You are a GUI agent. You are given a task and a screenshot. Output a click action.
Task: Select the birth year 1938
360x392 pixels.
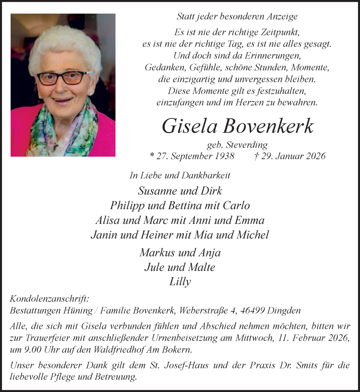222,156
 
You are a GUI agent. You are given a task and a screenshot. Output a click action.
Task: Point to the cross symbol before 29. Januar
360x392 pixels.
256,156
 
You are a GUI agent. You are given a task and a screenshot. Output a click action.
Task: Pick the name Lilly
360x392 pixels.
180,281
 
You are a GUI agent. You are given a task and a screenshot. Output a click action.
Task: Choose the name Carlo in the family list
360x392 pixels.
236,205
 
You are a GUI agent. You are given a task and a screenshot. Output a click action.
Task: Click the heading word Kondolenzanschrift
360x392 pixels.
49,299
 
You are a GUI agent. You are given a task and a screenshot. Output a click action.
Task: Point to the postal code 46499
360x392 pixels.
251,311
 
